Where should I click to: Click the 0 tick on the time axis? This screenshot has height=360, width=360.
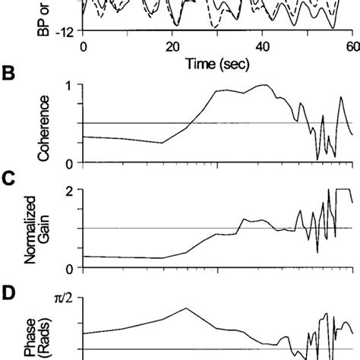[x=84, y=46]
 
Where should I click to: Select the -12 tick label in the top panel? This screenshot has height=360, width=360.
[x=66, y=30]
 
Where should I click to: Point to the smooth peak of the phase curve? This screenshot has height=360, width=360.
[x=187, y=308]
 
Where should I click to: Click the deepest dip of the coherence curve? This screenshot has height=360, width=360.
[x=317, y=159]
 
